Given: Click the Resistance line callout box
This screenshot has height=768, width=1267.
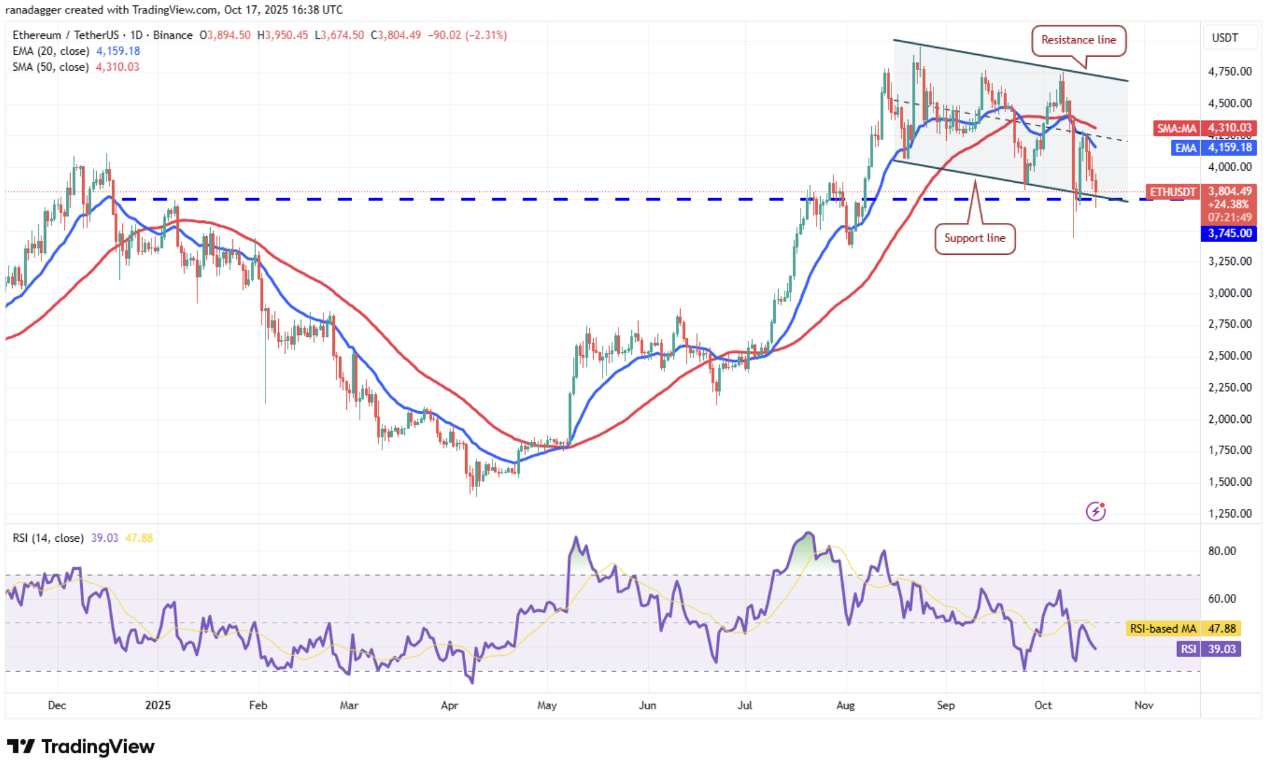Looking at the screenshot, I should (1078, 40).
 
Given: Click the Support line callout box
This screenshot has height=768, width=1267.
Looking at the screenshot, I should (974, 238).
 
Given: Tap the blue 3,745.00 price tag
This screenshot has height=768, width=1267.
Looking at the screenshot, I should (1229, 234).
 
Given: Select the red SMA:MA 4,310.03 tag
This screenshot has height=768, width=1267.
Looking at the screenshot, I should (1205, 127).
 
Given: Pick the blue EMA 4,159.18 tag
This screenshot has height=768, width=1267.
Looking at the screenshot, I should (1214, 147).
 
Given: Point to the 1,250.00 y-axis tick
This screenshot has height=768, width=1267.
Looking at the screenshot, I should (1230, 513).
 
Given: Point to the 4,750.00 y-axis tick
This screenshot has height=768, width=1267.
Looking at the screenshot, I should (1230, 71).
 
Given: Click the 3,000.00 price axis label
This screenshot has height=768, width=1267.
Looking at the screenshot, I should (1230, 292).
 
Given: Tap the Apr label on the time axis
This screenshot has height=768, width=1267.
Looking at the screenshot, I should (449, 705).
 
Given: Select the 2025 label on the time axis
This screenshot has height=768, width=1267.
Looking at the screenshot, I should (158, 705).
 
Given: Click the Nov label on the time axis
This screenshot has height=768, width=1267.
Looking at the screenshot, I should (1144, 705).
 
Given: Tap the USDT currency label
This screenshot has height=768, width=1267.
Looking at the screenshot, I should (1224, 38).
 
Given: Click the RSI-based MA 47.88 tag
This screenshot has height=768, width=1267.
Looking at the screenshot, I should (1183, 629).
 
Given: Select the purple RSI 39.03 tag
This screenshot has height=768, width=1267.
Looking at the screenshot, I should (1208, 649).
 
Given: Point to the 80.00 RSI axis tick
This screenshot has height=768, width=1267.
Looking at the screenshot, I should (1222, 551).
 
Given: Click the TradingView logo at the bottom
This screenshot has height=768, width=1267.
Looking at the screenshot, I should (81, 746).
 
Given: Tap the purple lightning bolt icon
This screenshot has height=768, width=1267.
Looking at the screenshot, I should (1096, 511).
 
